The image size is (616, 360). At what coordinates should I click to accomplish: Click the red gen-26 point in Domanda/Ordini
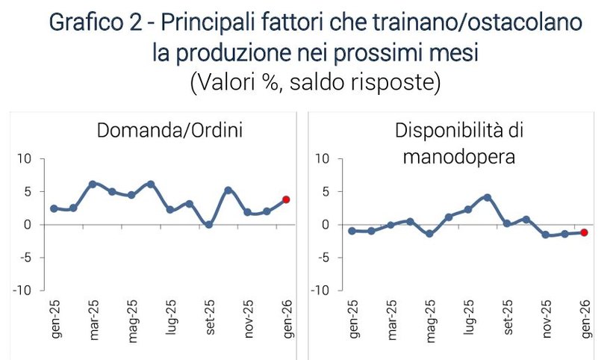[286, 199]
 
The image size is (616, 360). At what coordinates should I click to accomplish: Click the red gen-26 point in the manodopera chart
[584, 232]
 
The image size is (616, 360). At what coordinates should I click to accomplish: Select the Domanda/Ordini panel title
[170, 131]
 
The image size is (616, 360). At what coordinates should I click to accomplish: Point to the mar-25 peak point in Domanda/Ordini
[92, 184]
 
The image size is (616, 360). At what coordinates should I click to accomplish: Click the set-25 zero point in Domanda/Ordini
[208, 224]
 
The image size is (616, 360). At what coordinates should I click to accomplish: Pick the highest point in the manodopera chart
[487, 197]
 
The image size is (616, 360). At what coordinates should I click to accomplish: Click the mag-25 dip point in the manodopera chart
[429, 234]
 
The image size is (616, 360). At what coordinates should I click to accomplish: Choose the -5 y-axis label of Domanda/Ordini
[24, 257]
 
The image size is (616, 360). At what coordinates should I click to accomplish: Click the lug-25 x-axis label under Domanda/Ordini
[170, 320]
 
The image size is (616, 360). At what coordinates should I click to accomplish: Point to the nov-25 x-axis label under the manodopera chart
[546, 320]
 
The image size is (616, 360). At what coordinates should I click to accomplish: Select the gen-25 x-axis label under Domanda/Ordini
[55, 320]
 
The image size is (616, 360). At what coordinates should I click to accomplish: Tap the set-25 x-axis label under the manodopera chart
[507, 320]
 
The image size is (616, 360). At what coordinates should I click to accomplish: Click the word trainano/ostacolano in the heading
[465, 23]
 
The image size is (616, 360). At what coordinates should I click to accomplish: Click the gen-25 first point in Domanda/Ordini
[54, 208]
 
